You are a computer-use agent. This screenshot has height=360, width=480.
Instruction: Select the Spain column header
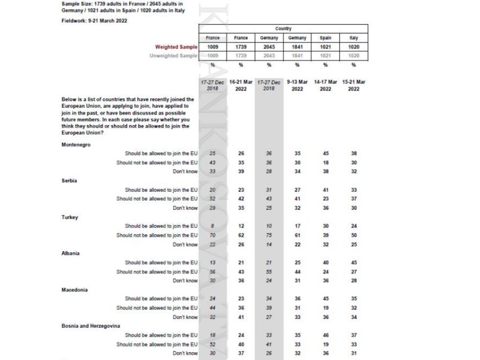pyautogui.click(x=325, y=38)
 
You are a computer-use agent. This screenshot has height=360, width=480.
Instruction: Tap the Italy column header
pyautogui.click(x=354, y=38)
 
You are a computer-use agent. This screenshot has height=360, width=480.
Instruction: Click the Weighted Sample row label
pyautogui.click(x=176, y=47)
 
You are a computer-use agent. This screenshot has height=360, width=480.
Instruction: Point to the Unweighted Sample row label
pyautogui.click(x=173, y=56)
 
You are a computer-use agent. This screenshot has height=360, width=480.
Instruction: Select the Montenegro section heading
pyautogui.click(x=76, y=144)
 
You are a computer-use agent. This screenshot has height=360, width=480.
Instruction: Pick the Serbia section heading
pyautogui.click(x=70, y=180)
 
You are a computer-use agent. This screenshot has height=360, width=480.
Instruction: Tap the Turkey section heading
pyautogui.click(x=70, y=217)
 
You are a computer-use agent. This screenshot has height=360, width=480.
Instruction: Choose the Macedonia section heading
pyautogui.click(x=74, y=290)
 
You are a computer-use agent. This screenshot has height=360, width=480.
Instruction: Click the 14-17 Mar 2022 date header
pyautogui.click(x=325, y=85)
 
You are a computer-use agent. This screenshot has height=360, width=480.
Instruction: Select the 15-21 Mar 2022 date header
pyautogui.click(x=354, y=85)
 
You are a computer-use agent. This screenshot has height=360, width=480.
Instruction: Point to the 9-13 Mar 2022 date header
pyautogui.click(x=297, y=85)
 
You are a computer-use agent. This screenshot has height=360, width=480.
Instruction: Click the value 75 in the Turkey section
pyautogui.click(x=269, y=235)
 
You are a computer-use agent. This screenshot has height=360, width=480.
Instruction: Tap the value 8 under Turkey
pyautogui.click(x=212, y=226)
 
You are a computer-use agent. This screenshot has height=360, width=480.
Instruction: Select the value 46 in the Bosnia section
pyautogui.click(x=325, y=335)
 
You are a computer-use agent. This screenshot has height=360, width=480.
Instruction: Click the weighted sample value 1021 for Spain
pyautogui.click(x=325, y=47)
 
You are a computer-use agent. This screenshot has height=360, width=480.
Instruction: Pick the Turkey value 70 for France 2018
pyautogui.click(x=212, y=235)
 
